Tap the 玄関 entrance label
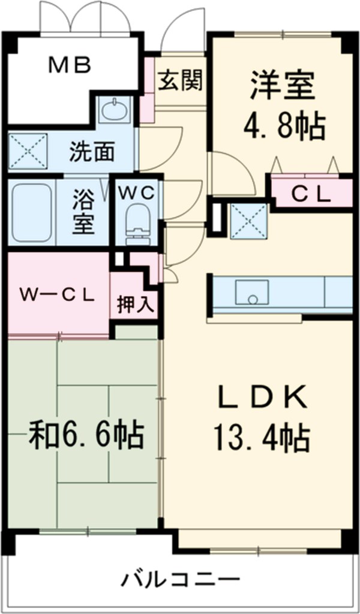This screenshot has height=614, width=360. pos(179,79)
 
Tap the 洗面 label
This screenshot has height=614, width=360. pos(91,152)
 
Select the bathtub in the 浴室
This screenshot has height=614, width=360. pos(32,212)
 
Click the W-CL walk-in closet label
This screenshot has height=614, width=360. pos(57,294)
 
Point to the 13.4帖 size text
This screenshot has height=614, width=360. pos(262,438)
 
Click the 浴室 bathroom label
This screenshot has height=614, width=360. pos(83,212)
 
